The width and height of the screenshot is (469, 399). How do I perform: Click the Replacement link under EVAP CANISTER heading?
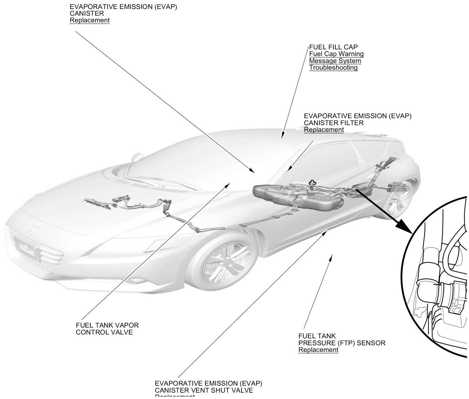89,20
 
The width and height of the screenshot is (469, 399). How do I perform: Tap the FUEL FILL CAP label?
333,47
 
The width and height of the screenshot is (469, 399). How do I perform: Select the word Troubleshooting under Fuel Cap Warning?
333,68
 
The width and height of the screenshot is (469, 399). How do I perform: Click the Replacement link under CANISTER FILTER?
324,130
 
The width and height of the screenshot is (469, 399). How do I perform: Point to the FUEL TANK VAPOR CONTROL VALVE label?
107,329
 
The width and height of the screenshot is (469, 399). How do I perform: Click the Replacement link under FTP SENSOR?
318,350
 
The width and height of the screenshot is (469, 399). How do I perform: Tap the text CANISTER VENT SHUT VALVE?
204,390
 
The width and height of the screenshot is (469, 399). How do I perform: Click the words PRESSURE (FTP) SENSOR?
342,343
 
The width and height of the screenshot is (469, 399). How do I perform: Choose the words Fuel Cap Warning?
336,54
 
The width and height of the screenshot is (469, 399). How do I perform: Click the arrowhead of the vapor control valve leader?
228,185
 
